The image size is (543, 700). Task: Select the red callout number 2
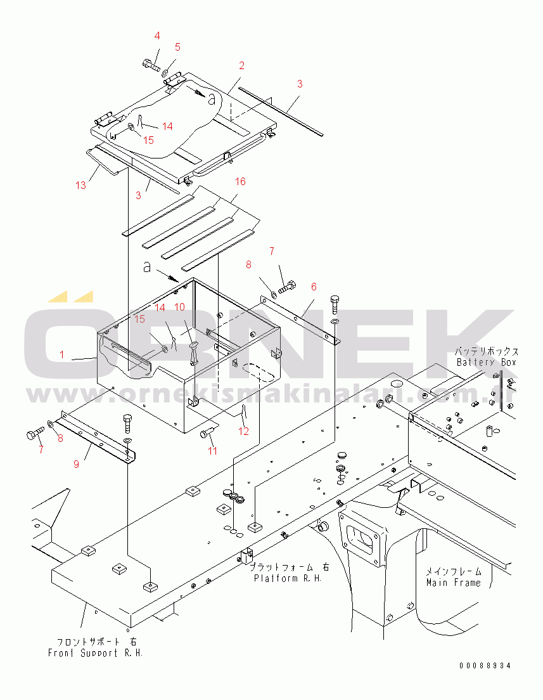[x=241, y=65]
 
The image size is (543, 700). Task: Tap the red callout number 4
[x=157, y=36]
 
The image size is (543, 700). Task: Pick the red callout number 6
[x=313, y=287]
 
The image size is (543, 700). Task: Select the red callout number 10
[x=179, y=306]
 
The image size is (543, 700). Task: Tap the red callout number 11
[x=213, y=451]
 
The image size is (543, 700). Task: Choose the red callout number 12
[x=244, y=431]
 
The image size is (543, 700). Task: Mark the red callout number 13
[x=80, y=185]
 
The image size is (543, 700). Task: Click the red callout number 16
[x=240, y=181]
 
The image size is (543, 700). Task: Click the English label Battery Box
[x=487, y=362]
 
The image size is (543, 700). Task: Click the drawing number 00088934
[x=485, y=666]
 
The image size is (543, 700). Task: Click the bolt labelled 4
[x=150, y=63]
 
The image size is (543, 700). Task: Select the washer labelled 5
[x=165, y=72]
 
